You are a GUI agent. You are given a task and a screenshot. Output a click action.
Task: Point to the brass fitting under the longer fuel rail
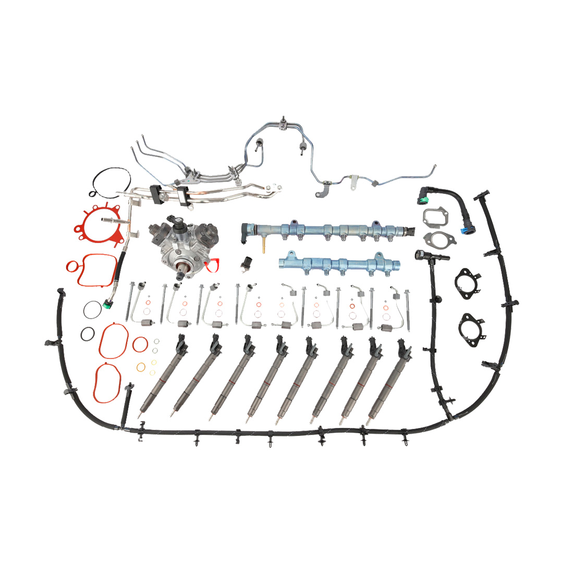263,244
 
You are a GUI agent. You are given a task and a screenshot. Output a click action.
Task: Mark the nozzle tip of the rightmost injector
369,421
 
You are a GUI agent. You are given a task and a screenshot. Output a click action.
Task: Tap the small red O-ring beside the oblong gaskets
140,344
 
